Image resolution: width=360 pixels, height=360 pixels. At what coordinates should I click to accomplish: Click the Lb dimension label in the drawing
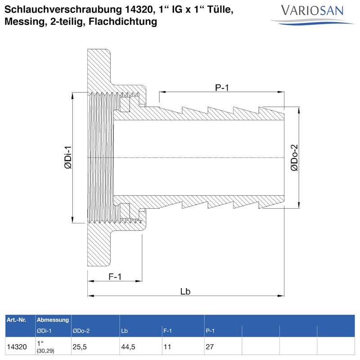(185, 292)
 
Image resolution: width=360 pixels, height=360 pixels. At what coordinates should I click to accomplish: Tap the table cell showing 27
(210, 347)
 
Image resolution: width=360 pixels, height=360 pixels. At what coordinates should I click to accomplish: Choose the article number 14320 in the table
(17, 347)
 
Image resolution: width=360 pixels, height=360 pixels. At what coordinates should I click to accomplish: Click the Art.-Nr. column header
(17, 320)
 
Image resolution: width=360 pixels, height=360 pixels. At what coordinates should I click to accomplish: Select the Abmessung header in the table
(53, 320)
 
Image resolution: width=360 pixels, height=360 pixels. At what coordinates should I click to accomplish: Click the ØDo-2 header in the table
(81, 331)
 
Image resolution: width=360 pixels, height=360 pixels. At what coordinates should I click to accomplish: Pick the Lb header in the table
(124, 331)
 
